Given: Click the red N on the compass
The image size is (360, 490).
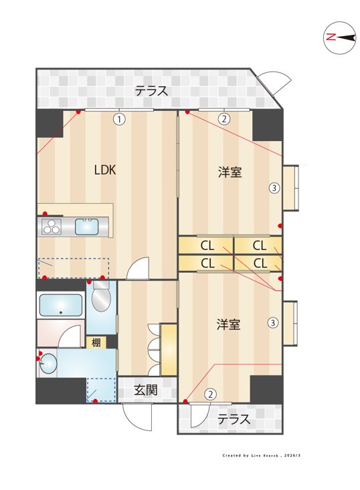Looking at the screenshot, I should coord(331,37).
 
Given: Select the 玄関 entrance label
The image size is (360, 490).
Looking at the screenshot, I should coord(145,390).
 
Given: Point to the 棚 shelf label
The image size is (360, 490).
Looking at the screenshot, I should coord(96,342).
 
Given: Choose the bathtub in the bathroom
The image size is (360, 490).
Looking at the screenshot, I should coord(61,305).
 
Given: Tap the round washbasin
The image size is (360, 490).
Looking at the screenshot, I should coord(49,364).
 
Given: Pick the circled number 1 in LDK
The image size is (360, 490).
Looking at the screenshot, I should coord(118,120).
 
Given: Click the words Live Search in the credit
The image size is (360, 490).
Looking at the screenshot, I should coord(266,455).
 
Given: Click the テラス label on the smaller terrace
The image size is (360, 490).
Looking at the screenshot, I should coord(234,419).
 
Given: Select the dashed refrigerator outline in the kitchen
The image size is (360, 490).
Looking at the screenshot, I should coord(73,267).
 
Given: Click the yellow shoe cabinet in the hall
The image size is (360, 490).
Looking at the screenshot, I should coord(169,350).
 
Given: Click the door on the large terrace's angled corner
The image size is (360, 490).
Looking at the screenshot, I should coord(274,81).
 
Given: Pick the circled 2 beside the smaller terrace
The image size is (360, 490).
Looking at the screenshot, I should coord(210,394).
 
